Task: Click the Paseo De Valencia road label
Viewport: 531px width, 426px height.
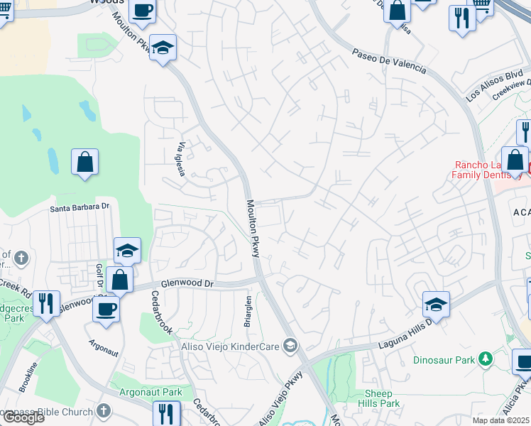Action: [389, 61]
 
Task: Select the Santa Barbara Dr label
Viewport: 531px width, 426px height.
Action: [80, 207]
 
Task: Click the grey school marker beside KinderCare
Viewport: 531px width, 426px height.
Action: [290, 346]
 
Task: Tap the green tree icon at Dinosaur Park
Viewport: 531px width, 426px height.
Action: [486, 359]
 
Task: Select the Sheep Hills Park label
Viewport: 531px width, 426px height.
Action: [383, 398]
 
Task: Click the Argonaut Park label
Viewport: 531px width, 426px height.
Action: [153, 392]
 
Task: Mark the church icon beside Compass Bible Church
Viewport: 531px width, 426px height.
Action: [104, 411]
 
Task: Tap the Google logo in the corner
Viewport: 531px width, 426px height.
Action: [23, 417]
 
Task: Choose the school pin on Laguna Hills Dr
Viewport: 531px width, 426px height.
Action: [436, 305]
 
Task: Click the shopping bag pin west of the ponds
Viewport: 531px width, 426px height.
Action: [84, 162]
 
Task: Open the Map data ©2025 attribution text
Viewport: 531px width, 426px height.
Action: [501, 420]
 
